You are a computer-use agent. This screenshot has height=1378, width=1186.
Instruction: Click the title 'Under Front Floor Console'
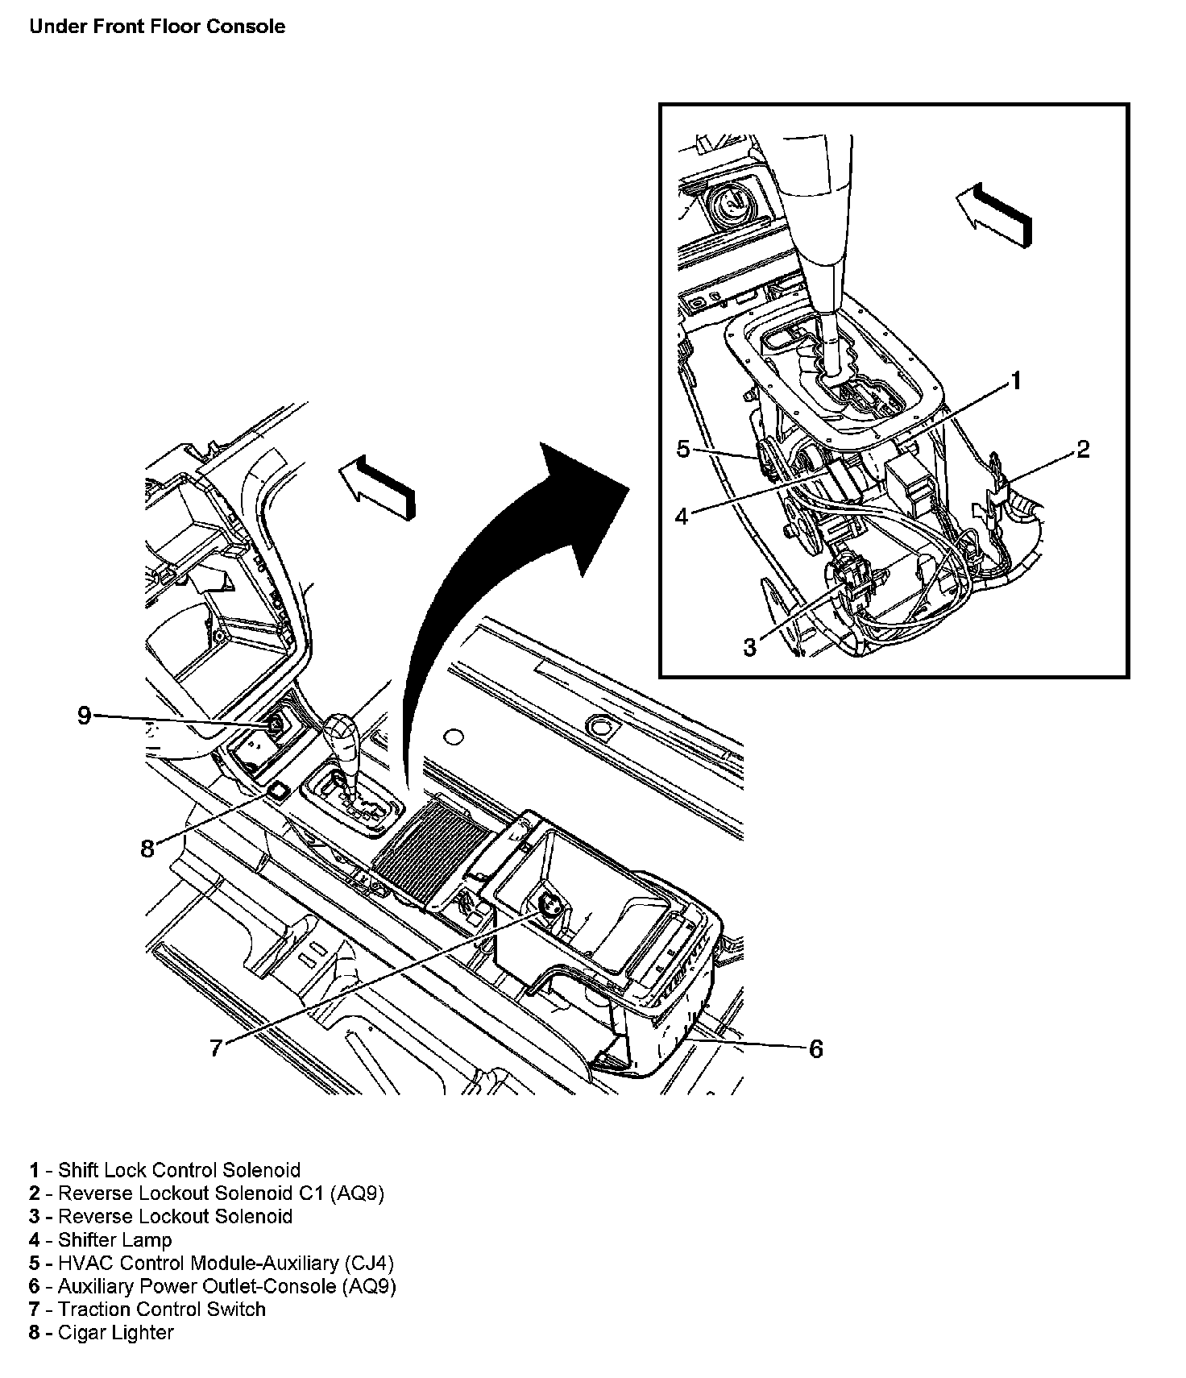click(x=157, y=27)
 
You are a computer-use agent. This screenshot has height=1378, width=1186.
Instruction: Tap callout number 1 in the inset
click(x=1017, y=380)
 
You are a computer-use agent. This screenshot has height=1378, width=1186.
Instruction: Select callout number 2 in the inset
click(x=1083, y=449)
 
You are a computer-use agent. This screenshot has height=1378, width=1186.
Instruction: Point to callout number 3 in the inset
click(x=750, y=646)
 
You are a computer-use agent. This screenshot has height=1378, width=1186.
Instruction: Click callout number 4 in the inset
click(x=682, y=517)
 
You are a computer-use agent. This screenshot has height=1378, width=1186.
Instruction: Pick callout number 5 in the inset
click(x=683, y=449)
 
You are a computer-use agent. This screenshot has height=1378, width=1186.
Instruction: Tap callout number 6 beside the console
click(x=815, y=1048)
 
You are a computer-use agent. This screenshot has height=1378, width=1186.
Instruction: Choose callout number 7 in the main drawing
click(x=216, y=1048)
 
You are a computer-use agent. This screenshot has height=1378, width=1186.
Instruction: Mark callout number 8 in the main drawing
click(x=147, y=849)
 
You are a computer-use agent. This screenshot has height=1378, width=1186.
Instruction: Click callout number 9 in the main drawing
click(x=85, y=715)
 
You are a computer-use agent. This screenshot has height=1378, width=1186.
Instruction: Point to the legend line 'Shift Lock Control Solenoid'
click(x=164, y=1170)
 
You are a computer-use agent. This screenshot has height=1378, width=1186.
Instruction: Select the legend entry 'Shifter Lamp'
click(x=101, y=1240)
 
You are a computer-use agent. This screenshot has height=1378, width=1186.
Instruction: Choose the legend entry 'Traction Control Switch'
click(x=147, y=1310)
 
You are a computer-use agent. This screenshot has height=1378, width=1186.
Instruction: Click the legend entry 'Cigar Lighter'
click(x=102, y=1333)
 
